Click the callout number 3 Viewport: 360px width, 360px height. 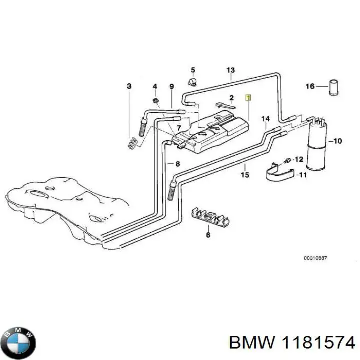point(129,86)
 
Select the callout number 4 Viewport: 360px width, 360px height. point(155,86)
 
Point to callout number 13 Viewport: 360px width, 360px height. point(230,70)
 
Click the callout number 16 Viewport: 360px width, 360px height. point(310,86)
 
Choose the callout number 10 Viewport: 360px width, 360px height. point(337,141)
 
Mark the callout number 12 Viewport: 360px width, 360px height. point(299,159)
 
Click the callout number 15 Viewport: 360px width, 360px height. point(245,175)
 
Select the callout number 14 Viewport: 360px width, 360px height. point(266,118)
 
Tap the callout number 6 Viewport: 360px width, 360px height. point(208,234)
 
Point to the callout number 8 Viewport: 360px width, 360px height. point(177,163)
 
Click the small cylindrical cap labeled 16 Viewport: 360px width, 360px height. point(334,87)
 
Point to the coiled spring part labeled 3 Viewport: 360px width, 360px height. point(131,143)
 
